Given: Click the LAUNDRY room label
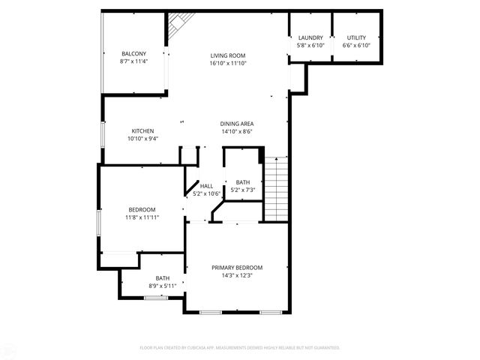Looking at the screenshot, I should pyautogui.click(x=310, y=37).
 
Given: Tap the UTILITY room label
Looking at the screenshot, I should pyautogui.click(x=356, y=37).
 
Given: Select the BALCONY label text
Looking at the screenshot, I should pyautogui.click(x=133, y=53).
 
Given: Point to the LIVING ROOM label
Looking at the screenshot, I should pyautogui.click(x=228, y=55).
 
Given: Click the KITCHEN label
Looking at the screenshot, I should pyautogui.click(x=142, y=130).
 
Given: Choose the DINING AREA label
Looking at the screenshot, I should pyautogui.click(x=236, y=124).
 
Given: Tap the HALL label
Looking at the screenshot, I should pyautogui.click(x=206, y=186).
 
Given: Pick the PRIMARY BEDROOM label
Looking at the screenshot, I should pyautogui.click(x=237, y=268).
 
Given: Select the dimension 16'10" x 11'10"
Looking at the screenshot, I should pyautogui.click(x=228, y=63).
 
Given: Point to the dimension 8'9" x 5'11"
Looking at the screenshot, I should pyautogui.click(x=163, y=286).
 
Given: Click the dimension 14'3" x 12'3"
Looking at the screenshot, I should pyautogui.click(x=237, y=275).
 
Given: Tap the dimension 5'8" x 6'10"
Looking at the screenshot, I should pyautogui.click(x=310, y=45).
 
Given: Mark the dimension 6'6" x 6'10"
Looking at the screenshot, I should pyautogui.click(x=356, y=45).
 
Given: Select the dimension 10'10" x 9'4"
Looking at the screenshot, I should pyautogui.click(x=142, y=138).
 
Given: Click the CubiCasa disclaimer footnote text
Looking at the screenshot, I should pyautogui.click(x=240, y=347).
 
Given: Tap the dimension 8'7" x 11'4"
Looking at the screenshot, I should pyautogui.click(x=133, y=61).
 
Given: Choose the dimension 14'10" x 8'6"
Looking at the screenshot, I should pyautogui.click(x=236, y=131).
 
